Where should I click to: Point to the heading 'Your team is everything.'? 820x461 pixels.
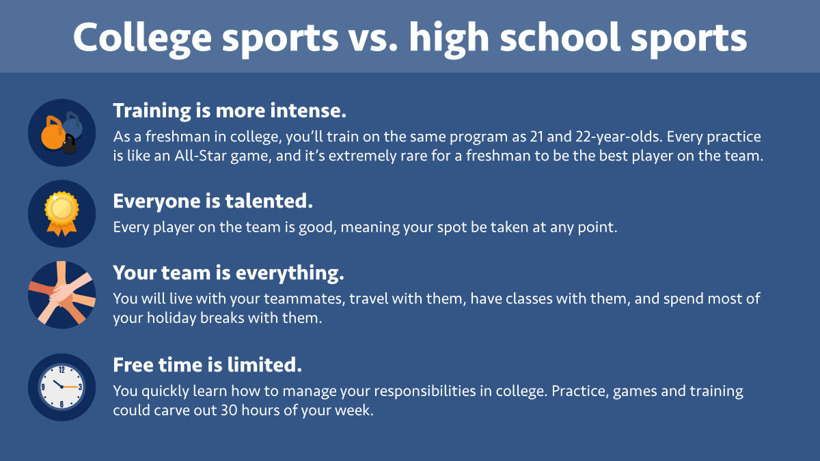228,273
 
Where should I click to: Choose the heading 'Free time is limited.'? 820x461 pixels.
207,365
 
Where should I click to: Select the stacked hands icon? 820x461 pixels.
61,294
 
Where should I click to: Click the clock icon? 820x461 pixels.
61,387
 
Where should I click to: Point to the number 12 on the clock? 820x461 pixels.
61,370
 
